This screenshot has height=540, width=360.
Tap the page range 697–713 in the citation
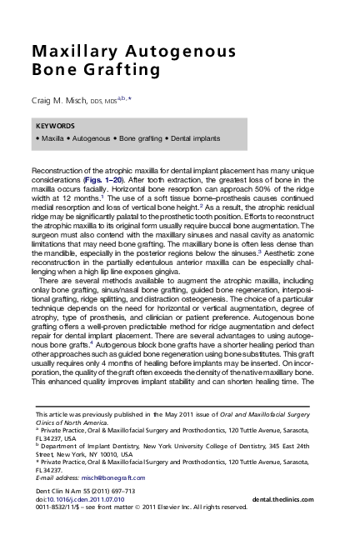[x=141, y=490]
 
